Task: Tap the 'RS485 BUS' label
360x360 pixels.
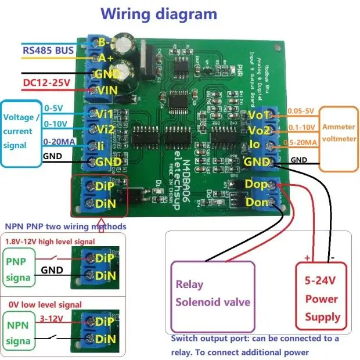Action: pos(48,51)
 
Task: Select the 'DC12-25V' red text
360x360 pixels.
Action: pos(46,83)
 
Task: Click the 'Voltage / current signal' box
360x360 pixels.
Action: pos(21,133)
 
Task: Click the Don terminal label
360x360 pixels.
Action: pos(257,202)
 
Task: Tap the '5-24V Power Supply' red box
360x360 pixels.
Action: pos(322,298)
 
